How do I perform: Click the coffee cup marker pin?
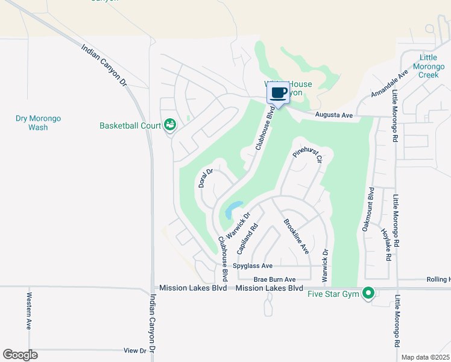[278, 94]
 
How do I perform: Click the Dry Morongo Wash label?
[39, 123]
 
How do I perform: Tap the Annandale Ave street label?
[389, 84]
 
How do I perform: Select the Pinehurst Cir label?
[308, 154]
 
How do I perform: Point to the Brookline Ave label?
[296, 236]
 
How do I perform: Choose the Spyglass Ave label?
[254, 265]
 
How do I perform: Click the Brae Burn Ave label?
[274, 279]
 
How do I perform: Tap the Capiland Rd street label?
[248, 237]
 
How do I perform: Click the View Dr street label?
[134, 350]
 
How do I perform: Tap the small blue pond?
[233, 211]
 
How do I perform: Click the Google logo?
[20, 355]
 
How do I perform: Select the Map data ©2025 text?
[425, 357]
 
